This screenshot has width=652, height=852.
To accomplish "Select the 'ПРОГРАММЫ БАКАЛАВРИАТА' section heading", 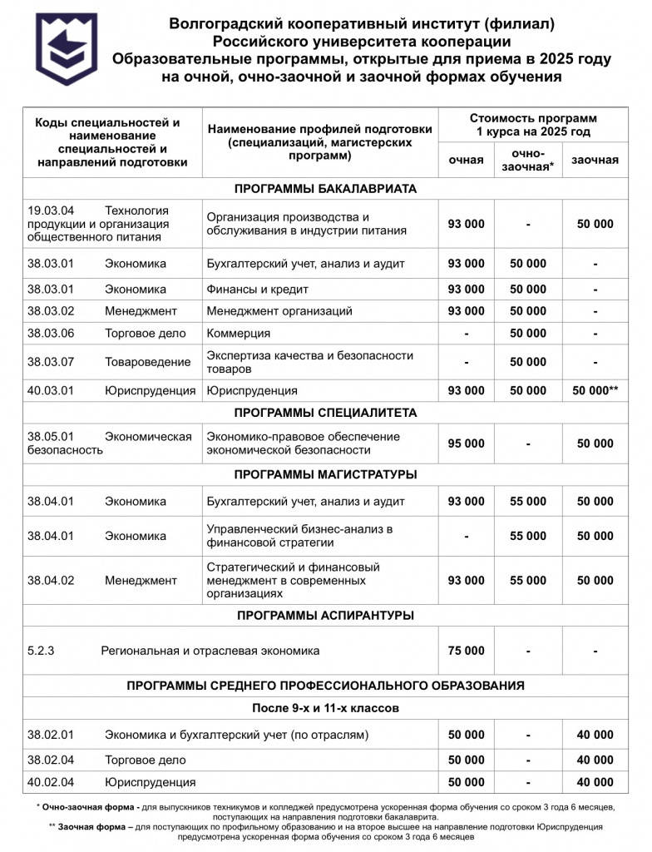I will pyautogui.click(x=325, y=189).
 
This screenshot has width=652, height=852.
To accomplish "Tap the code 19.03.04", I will pyautogui.click(x=51, y=211).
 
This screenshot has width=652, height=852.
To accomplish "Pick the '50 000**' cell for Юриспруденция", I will pyautogui.click(x=595, y=390).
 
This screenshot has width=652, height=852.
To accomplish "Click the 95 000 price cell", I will pyautogui.click(x=466, y=443).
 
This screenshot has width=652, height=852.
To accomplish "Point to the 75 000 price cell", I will pyautogui.click(x=466, y=651).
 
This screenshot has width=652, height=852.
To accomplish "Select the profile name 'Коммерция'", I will pyautogui.click(x=239, y=334).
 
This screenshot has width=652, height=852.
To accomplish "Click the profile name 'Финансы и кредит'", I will pyautogui.click(x=258, y=290).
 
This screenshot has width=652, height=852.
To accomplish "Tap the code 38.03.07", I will pyautogui.click(x=51, y=362).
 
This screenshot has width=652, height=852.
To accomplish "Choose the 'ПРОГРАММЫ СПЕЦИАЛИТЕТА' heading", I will pyautogui.click(x=325, y=413).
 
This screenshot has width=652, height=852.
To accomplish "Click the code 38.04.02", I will pyautogui.click(x=51, y=581).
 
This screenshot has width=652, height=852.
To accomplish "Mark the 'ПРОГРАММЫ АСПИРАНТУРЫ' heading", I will pyautogui.click(x=325, y=616).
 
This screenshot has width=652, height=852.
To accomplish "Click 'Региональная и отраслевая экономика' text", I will pyautogui.click(x=210, y=651).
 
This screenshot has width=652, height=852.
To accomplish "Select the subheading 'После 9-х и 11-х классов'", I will pyautogui.click(x=325, y=708).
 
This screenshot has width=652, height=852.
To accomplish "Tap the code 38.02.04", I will pyautogui.click(x=51, y=760).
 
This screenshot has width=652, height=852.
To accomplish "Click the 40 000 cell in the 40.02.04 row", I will pyautogui.click(x=595, y=782).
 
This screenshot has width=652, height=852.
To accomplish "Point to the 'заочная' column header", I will pyautogui.click(x=595, y=160).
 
